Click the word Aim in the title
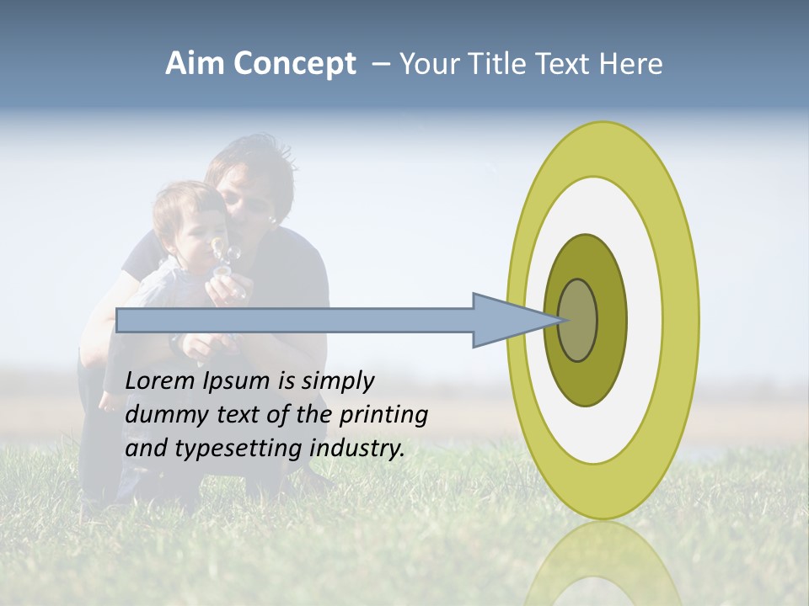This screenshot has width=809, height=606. (196, 64)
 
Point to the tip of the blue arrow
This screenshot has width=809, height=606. (560, 320)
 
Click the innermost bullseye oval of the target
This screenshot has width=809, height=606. (578, 320)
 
